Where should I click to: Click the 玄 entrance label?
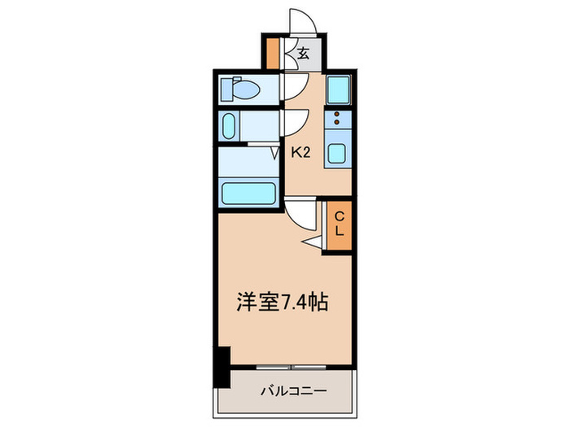tap(303, 54)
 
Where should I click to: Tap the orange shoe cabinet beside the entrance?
tap(274, 54)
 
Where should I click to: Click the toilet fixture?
tap(241, 88)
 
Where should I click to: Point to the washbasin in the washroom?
tap(230, 126)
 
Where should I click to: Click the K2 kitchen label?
tap(300, 151)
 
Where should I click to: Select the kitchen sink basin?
tap(337, 152)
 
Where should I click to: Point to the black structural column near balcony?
tap(221, 364)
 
